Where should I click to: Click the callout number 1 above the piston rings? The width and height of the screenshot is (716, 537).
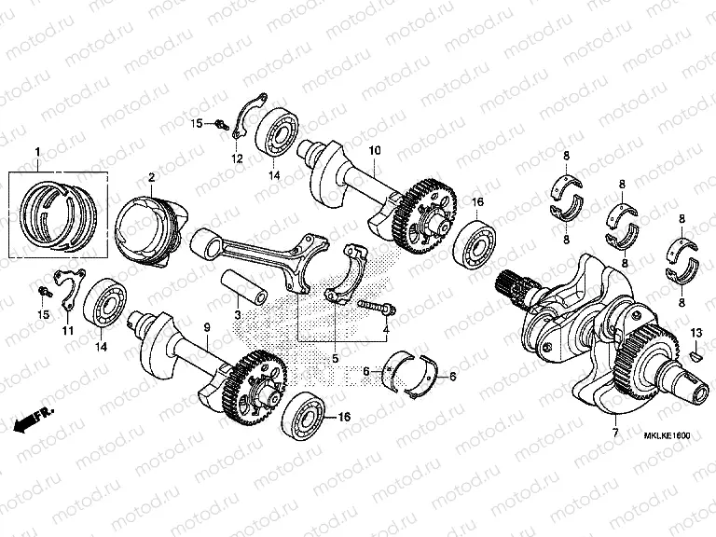pyautogui.click(x=38, y=152)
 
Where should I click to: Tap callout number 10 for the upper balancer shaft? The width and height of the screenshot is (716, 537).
pyautogui.click(x=375, y=151)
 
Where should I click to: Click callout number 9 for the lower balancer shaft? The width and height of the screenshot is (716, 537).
pyautogui.click(x=206, y=326)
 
